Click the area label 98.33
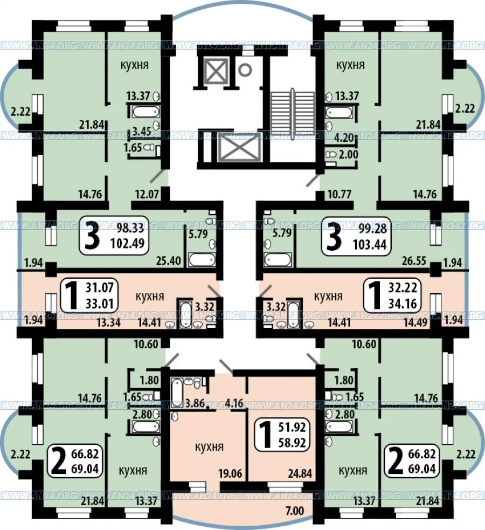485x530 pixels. click(x=130, y=228)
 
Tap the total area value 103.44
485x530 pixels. click(x=370, y=244)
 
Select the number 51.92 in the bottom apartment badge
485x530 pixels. click(x=293, y=427)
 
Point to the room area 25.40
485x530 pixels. click(x=169, y=260)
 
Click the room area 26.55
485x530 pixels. click(x=414, y=260)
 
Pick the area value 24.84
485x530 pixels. click(x=300, y=473)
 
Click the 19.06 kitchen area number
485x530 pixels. click(x=230, y=473)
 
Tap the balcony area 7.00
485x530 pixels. click(x=295, y=511)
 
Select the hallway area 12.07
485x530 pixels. click(x=147, y=194)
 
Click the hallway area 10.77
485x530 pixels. click(x=339, y=194)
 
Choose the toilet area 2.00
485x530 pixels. click(x=349, y=154)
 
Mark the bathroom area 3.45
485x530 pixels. click(x=141, y=131)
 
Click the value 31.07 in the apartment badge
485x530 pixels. click(x=99, y=287)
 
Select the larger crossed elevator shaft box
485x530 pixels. click(x=238, y=147)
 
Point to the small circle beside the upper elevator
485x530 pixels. click(x=245, y=70)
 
